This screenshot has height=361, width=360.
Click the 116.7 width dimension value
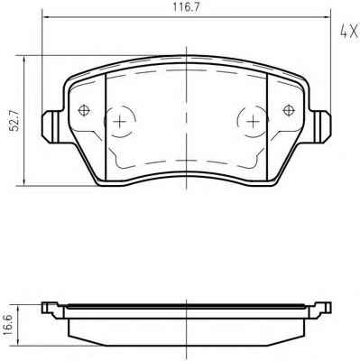(186, 8)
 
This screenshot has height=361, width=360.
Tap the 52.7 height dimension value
(14, 120)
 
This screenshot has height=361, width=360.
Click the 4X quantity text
(349, 31)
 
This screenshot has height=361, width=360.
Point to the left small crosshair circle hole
(84, 110)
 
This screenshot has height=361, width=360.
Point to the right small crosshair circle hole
(289, 110)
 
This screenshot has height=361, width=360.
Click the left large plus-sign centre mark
(120, 122)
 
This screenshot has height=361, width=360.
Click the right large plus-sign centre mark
(253, 122)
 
